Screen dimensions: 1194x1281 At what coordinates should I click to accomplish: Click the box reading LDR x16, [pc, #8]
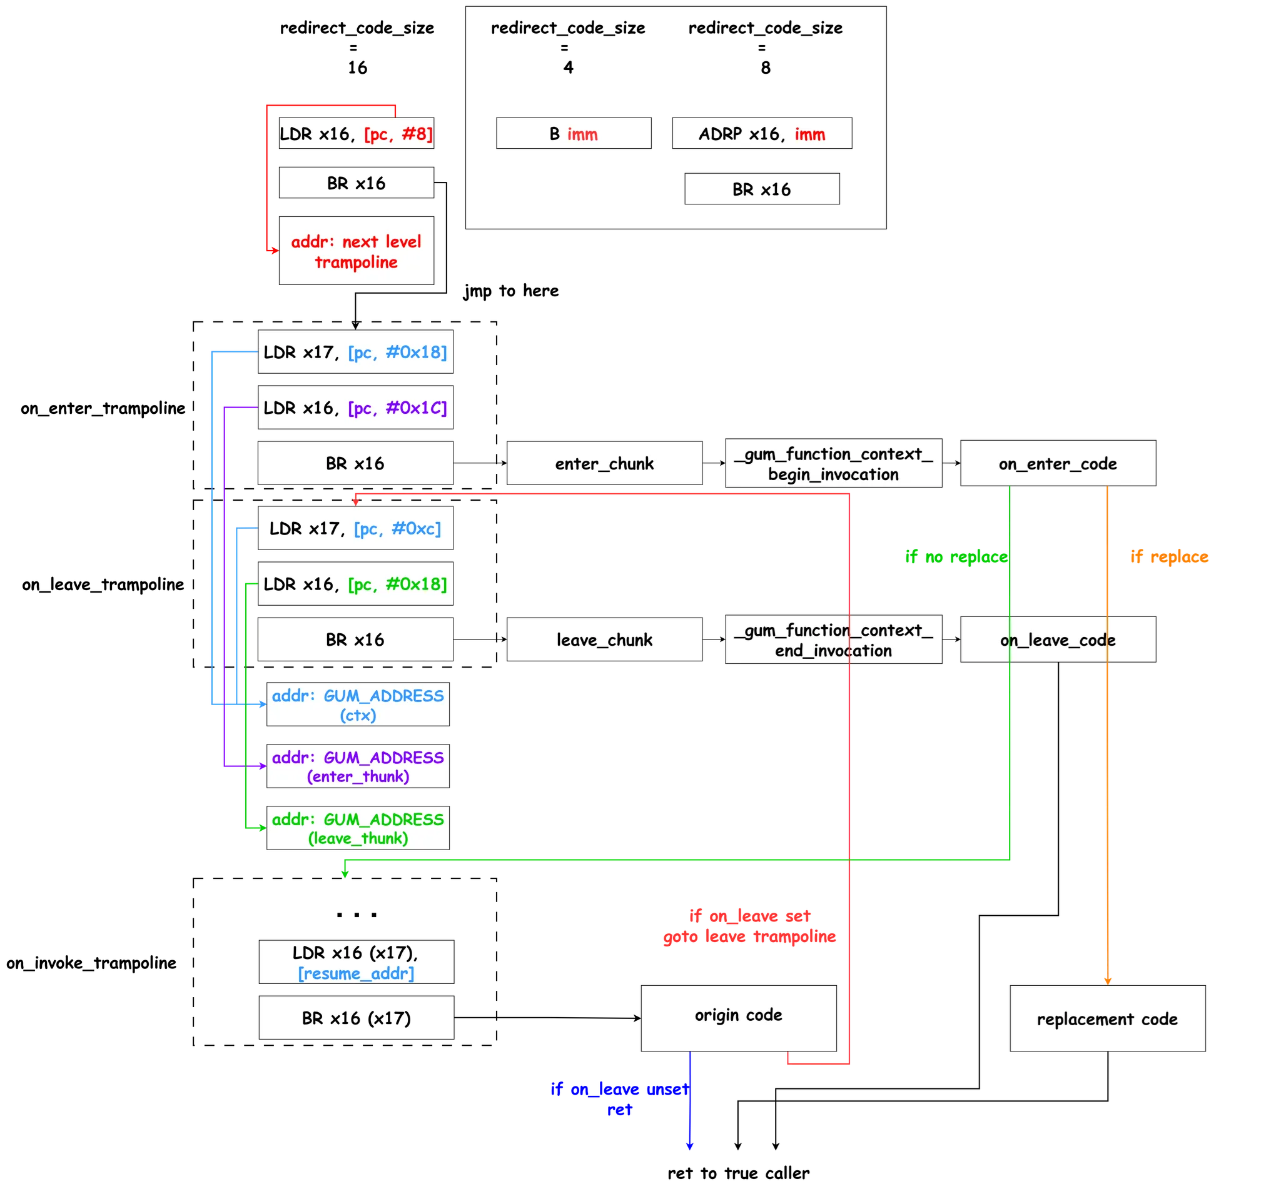(x=356, y=133)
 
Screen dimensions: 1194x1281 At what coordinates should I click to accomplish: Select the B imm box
(x=574, y=133)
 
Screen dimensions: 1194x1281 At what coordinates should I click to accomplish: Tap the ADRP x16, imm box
(x=762, y=133)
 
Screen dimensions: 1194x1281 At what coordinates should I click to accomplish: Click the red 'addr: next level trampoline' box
(x=356, y=251)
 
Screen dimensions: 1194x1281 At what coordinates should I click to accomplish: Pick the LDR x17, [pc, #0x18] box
(x=355, y=351)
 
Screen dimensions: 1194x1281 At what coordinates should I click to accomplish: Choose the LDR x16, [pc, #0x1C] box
(x=355, y=407)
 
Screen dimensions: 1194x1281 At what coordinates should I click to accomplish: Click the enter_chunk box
(x=604, y=463)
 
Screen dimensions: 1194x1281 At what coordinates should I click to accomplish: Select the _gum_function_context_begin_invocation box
(x=833, y=463)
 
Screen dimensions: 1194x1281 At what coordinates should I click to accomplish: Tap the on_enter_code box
(x=1058, y=463)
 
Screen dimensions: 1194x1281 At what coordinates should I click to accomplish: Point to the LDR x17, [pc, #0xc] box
(x=355, y=528)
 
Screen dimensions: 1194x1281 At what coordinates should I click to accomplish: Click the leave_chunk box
(x=604, y=640)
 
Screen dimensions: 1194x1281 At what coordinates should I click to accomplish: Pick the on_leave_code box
(x=1058, y=640)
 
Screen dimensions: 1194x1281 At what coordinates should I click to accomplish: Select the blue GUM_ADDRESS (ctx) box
(x=358, y=705)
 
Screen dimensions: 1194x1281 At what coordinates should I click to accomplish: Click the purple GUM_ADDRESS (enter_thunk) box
(x=358, y=766)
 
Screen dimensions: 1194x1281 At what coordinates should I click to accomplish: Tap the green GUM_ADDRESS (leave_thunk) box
(x=358, y=828)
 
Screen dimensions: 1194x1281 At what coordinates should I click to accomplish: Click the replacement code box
(x=1107, y=1018)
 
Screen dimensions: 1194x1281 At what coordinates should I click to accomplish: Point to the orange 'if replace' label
(x=1170, y=556)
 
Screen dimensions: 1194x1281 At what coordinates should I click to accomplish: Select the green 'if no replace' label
(x=956, y=556)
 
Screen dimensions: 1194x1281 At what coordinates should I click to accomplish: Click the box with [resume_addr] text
(x=356, y=962)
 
